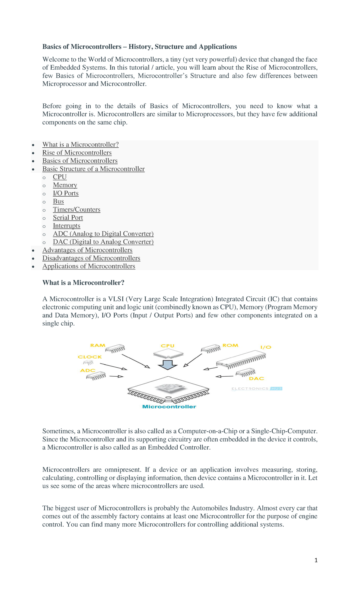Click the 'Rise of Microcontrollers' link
pyautogui.click(x=77, y=153)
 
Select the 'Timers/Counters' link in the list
pyautogui.click(x=76, y=209)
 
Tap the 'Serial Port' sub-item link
pyautogui.click(x=68, y=218)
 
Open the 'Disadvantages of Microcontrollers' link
pyautogui.click(x=91, y=258)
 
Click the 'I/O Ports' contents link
pyautogui.click(x=66, y=193)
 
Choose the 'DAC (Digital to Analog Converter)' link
pyautogui.click(x=103, y=242)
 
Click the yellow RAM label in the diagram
pyautogui.click(x=98, y=345)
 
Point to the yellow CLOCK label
pyautogui.click(x=90, y=357)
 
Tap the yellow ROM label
pyautogui.click(x=230, y=345)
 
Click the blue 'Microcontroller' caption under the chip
pyautogui.click(x=169, y=407)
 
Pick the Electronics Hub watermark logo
pyautogui.click(x=256, y=389)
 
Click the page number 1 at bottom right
pyautogui.click(x=316, y=560)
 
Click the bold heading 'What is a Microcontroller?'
pyautogui.click(x=83, y=283)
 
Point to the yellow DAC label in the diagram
pyautogui.click(x=256, y=379)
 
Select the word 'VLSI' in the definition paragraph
pyautogui.click(x=116, y=299)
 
